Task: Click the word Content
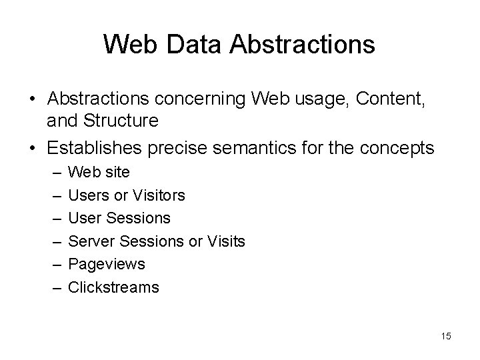[390, 99]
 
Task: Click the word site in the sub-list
[117, 172]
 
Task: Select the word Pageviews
[107, 265]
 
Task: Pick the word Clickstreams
[114, 287]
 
